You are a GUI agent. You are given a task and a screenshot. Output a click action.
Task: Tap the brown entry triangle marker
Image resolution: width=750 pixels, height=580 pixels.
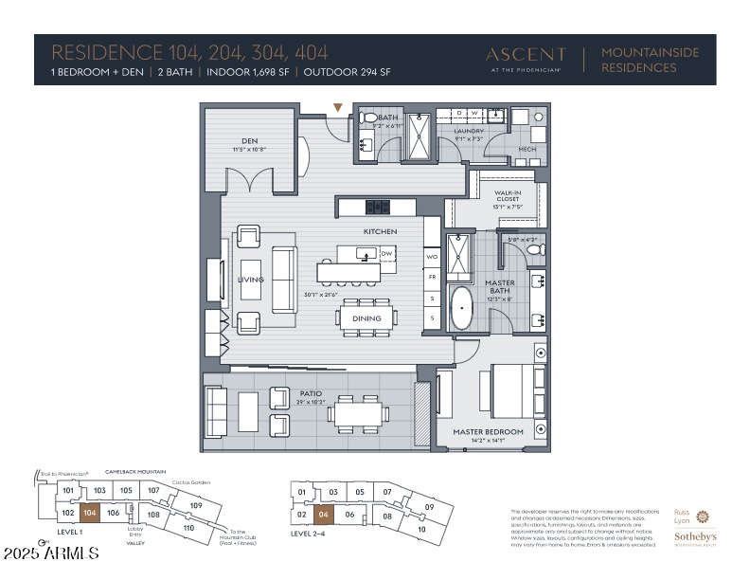coord(338,108)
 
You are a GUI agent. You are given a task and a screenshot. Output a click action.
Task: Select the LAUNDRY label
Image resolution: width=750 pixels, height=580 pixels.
coord(470,132)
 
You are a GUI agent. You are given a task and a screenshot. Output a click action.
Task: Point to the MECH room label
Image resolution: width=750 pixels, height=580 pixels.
coord(528,149)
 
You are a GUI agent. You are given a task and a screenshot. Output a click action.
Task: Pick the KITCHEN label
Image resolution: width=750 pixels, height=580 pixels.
coord(380,231)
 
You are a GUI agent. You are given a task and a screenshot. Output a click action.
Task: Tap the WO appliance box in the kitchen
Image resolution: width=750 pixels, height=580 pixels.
coord(432,257)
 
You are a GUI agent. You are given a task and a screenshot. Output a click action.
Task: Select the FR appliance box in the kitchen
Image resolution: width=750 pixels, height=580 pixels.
coord(432,278)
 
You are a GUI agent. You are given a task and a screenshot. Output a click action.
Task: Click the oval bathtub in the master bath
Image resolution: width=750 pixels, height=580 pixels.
coord(462,309)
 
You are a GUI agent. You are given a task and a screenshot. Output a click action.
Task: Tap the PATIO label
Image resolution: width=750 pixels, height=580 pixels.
coord(311,393)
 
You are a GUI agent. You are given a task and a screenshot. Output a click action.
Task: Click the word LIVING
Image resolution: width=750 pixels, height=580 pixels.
coord(250,280)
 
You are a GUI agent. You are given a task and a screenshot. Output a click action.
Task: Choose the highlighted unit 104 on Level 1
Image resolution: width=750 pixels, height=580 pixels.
coord(89,512)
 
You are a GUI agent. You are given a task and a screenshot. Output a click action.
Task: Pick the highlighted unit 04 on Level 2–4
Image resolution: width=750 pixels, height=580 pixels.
coord(324,516)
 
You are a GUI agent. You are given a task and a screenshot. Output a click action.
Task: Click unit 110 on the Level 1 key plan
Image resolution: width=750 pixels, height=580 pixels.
coord(187,527)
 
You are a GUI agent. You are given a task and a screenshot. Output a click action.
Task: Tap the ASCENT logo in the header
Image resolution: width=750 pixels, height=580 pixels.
coord(526,55)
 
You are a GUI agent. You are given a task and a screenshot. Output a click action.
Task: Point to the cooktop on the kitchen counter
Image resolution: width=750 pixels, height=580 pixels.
coord(378,207)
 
